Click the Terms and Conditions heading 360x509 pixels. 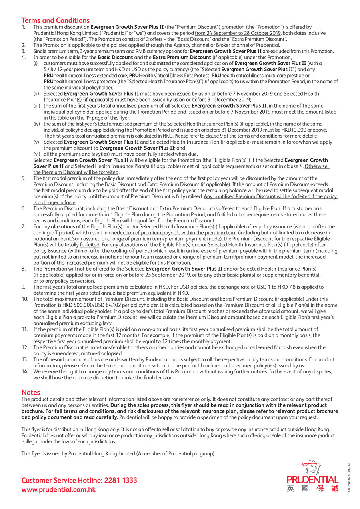click(x=56, y=20)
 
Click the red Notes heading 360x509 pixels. click(x=31, y=392)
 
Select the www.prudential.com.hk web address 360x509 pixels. click(x=58, y=489)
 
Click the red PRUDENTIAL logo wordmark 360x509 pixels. click(x=312, y=479)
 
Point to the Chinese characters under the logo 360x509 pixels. click(x=312, y=488)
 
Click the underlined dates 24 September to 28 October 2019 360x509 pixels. click(x=238, y=33)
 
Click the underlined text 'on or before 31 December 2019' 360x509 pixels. click(x=215, y=100)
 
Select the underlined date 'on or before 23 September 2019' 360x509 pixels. click(x=153, y=275)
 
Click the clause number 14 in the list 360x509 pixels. click(x=25, y=371)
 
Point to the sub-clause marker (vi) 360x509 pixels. click(x=36, y=154)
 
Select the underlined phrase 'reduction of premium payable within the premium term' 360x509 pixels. click(x=174, y=232)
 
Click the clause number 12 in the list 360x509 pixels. click(x=25, y=347)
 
